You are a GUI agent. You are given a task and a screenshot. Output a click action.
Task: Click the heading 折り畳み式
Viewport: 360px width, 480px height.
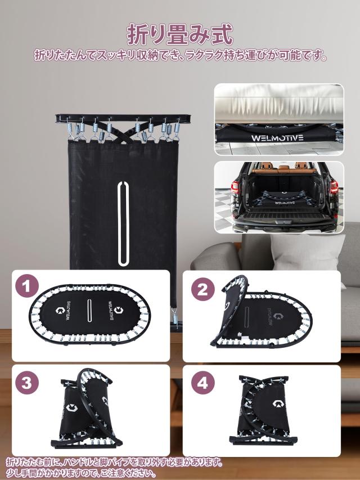coord(180,34)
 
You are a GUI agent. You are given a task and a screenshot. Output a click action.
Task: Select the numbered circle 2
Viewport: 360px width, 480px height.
coord(202,290)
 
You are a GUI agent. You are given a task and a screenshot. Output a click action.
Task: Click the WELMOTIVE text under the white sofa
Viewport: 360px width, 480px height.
coord(277,138)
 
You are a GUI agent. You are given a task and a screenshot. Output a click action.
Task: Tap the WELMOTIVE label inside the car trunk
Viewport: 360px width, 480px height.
coord(285,203)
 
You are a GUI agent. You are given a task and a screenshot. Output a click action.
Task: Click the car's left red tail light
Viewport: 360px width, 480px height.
coord(235,187)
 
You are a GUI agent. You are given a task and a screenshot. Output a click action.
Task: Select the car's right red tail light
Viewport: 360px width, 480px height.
coord(334,187)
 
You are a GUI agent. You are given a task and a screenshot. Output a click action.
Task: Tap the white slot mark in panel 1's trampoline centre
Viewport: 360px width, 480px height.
coord(89,311)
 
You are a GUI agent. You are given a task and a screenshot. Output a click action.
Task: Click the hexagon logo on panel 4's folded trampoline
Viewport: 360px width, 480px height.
coord(278,403)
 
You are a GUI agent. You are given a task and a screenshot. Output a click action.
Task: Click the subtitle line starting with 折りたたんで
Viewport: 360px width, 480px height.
coord(181,55)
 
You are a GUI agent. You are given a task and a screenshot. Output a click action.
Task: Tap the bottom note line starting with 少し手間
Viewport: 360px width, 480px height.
coord(81,473)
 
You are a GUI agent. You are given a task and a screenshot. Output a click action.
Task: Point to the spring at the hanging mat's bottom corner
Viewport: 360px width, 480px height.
coord(174,317)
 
